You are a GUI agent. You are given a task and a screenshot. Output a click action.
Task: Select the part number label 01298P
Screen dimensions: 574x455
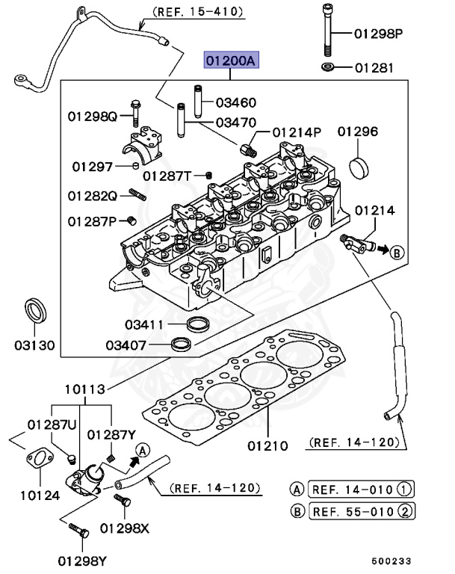(378, 34)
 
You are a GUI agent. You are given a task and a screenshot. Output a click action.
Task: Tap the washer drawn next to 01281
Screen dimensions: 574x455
(328, 68)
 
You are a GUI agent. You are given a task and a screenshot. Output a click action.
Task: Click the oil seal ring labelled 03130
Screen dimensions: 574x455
(34, 309)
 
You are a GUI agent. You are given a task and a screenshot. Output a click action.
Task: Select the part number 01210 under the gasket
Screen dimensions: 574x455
(267, 446)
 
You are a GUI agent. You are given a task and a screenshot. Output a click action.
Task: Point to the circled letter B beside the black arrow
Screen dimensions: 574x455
(397, 252)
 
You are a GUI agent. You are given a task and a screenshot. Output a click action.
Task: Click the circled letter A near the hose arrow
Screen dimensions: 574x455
(142, 450)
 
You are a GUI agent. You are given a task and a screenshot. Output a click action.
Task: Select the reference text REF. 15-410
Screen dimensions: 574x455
(197, 12)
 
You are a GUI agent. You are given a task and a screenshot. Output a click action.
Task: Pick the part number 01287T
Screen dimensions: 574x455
(167, 176)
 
